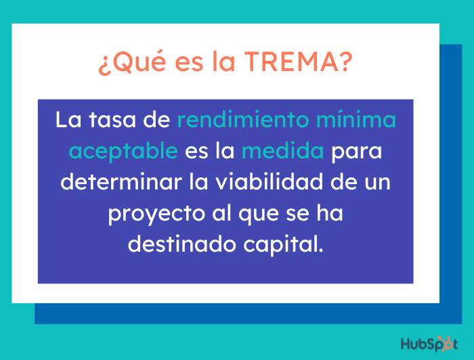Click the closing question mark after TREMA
pyautogui.click(x=344, y=63)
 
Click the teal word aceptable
pyautogui.click(x=123, y=151)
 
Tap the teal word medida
pyautogui.click(x=283, y=151)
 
